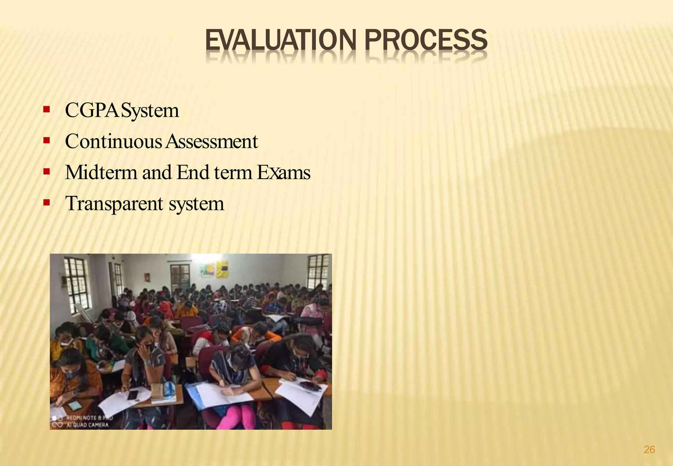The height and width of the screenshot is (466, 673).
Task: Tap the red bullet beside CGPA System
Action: (x=46, y=109)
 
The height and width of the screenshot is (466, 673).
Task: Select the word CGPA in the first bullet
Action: (x=92, y=110)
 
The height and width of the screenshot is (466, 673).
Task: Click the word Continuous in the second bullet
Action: (x=113, y=142)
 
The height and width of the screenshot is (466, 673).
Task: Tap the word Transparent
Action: (x=114, y=203)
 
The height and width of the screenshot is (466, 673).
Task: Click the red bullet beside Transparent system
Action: (x=46, y=202)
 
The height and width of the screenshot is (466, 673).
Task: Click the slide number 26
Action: (x=649, y=449)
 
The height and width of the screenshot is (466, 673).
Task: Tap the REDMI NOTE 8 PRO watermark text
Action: (x=89, y=418)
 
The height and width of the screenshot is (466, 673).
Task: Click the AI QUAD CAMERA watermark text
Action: (x=87, y=425)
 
